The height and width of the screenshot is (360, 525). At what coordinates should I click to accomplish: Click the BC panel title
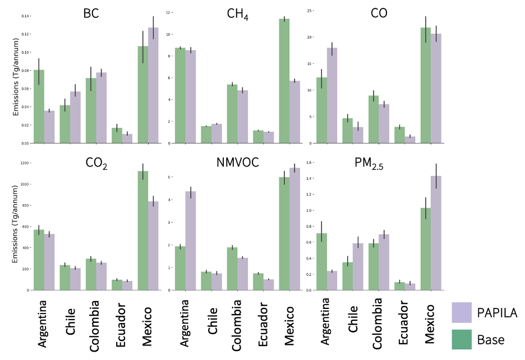pos(91,13)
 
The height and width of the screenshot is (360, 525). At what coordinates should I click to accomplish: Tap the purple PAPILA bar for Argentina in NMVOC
pos(191,241)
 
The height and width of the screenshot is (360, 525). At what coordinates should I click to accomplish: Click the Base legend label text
pos(491,339)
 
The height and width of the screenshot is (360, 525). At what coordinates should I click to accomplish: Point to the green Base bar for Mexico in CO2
pos(143,230)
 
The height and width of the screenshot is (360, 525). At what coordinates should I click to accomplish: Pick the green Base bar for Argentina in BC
pos(39,107)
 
